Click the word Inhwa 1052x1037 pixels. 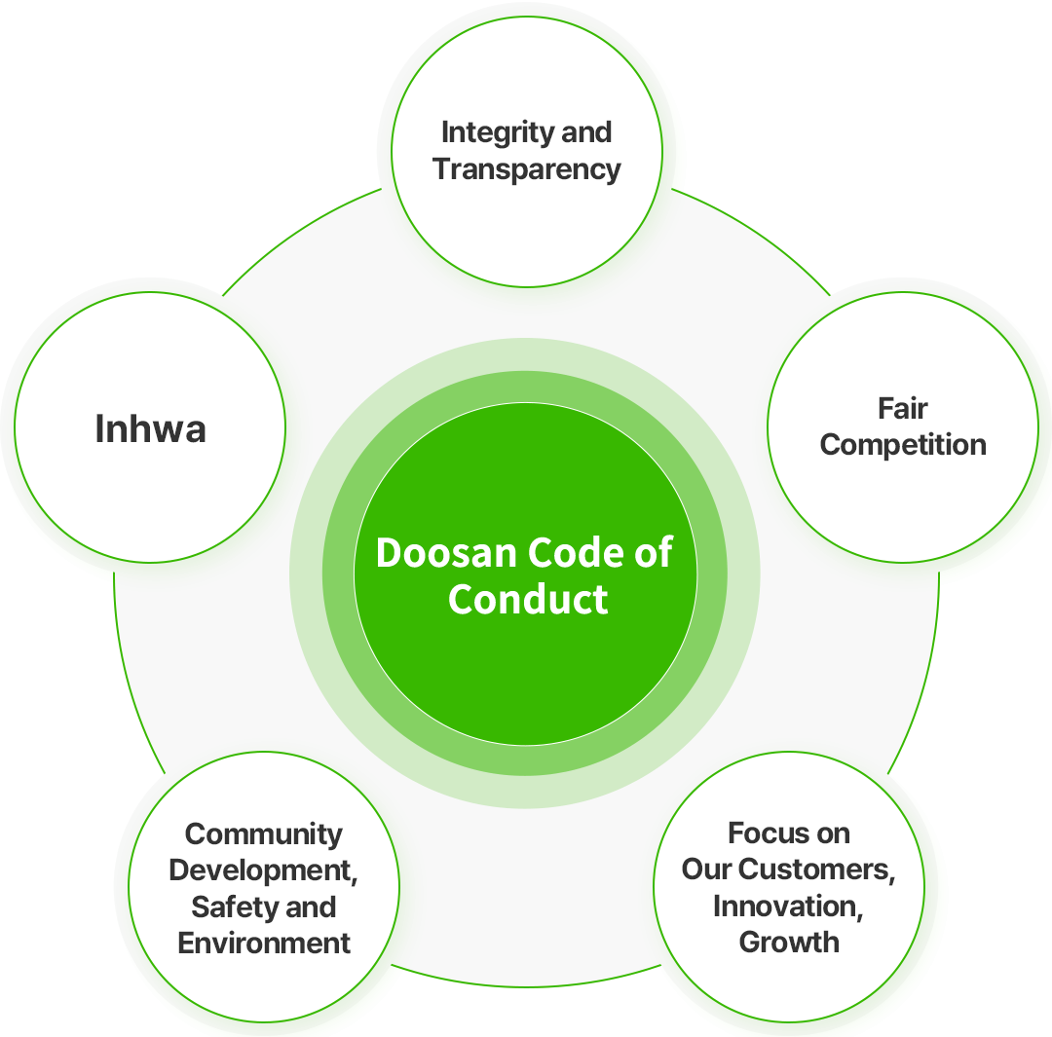[x=150, y=428]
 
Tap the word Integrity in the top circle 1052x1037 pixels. [x=498, y=133]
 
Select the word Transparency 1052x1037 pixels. [x=527, y=170]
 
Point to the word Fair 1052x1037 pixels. [x=902, y=409]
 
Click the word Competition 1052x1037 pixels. [x=903, y=445]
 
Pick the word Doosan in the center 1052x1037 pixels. [x=446, y=553]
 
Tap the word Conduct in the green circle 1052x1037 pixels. [x=528, y=599]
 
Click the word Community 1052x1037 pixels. [x=264, y=835]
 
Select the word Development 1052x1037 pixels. [x=263, y=871]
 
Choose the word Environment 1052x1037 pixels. [x=264, y=944]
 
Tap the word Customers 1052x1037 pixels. [x=828, y=870]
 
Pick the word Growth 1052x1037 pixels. [x=789, y=943]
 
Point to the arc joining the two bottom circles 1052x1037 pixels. [x=526, y=986]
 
